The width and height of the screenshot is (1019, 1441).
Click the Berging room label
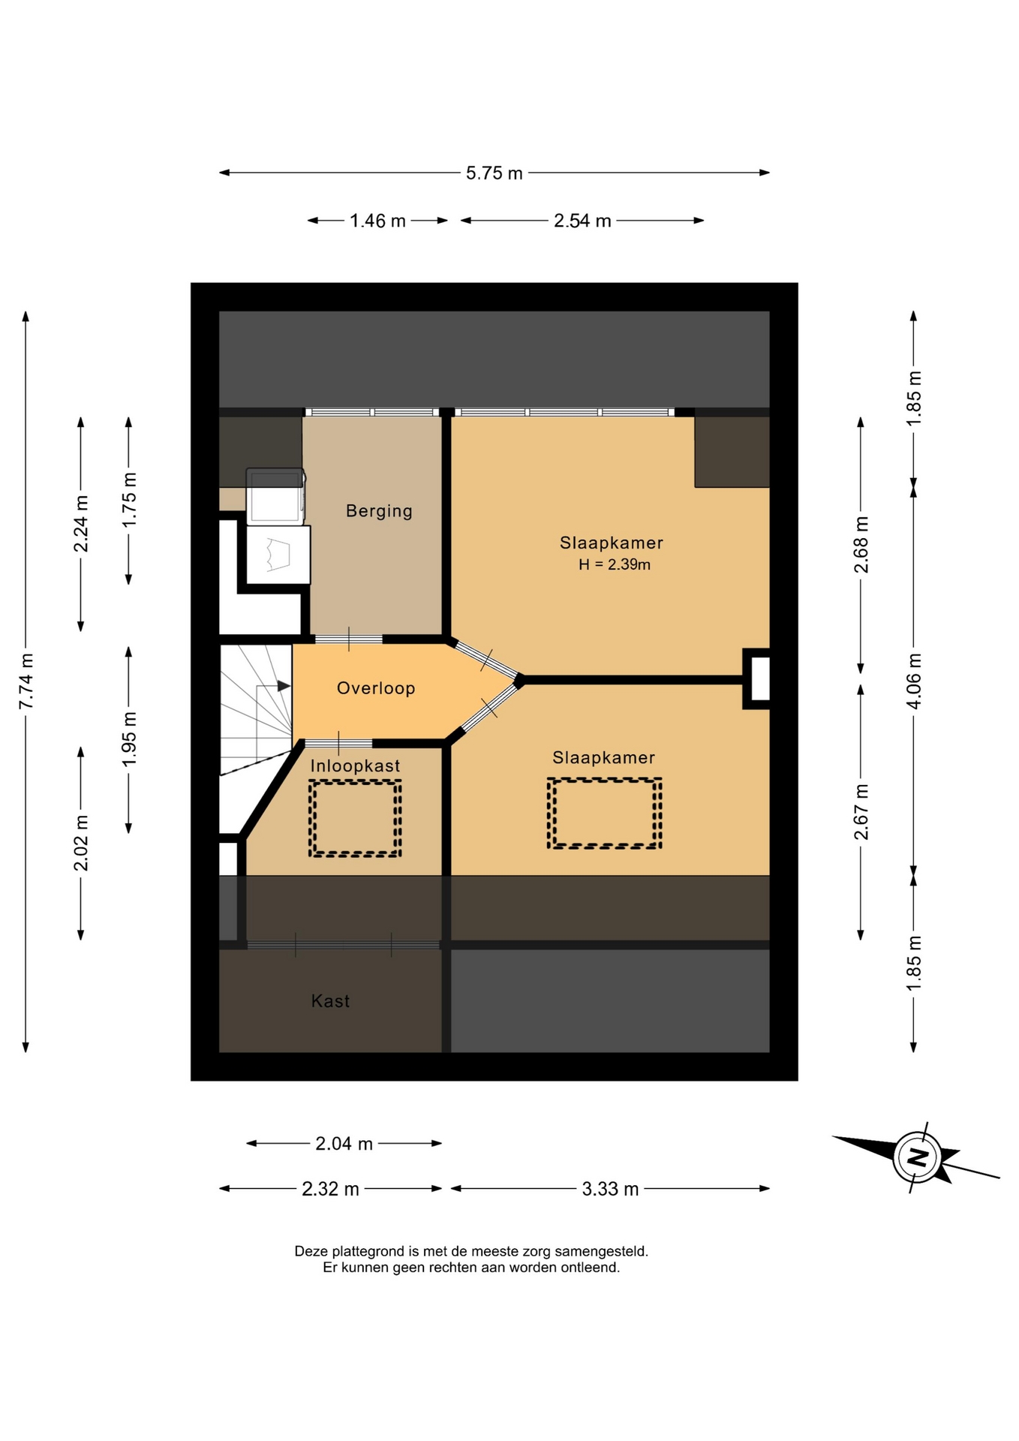[x=379, y=511]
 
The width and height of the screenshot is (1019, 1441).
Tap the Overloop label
[x=376, y=688]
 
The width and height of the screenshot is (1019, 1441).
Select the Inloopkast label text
[x=355, y=766]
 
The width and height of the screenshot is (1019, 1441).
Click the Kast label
[x=330, y=1000]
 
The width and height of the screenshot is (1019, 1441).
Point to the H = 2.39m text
[x=615, y=564]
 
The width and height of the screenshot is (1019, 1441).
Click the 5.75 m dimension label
[x=494, y=173]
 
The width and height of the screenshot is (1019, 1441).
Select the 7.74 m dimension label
[x=26, y=681]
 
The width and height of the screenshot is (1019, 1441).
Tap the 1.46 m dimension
[x=377, y=221]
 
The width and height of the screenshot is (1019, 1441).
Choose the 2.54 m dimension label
[x=582, y=221]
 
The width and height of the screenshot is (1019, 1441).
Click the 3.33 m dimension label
[x=610, y=1189]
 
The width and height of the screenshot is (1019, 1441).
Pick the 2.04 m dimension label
[x=344, y=1144]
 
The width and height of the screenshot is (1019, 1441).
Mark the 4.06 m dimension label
[x=914, y=681]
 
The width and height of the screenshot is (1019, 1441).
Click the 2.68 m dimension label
[x=861, y=544]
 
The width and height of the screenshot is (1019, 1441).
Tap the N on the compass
[x=917, y=1157]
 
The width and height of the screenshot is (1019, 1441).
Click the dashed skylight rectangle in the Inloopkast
[x=355, y=818]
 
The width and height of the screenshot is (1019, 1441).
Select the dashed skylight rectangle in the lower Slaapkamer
[x=604, y=813]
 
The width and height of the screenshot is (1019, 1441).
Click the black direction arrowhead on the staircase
[x=284, y=686]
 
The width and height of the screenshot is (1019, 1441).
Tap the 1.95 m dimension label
[x=129, y=739]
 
